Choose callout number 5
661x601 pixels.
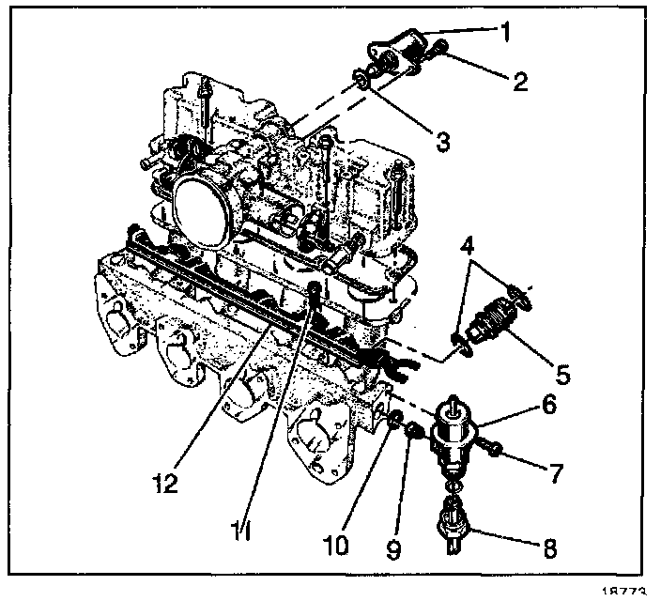coord(562,375)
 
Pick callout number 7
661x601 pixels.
coord(557,473)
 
